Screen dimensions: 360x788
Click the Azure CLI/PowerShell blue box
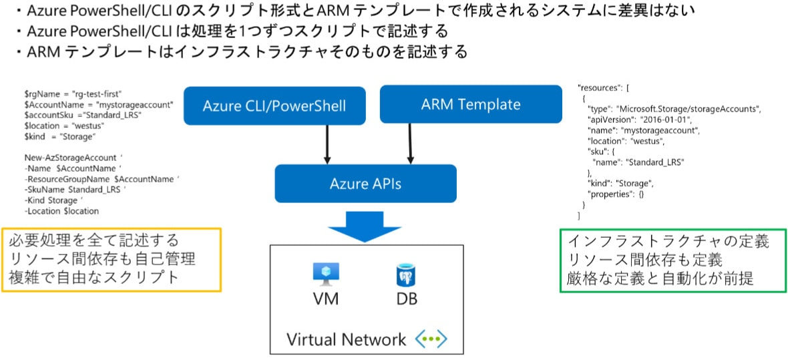pyautogui.click(x=274, y=106)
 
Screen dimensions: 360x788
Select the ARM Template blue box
pyautogui.click(x=470, y=104)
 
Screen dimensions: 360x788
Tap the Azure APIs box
pyautogui.click(x=365, y=183)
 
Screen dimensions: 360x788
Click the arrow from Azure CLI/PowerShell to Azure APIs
pyautogui.click(x=327, y=144)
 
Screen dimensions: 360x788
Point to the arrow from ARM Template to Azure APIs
pyautogui.click(x=410, y=144)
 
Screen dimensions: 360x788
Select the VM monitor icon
pyautogui.click(x=326, y=273)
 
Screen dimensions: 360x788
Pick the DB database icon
pyautogui.click(x=403, y=274)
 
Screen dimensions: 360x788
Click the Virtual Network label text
pyautogui.click(x=346, y=339)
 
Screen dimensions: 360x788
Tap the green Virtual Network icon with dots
pyautogui.click(x=431, y=339)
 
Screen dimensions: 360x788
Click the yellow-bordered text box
pyautogui.click(x=111, y=259)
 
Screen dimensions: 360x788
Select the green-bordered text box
pyautogui.click(x=672, y=260)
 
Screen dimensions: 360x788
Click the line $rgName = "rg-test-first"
pyautogui.click(x=73, y=94)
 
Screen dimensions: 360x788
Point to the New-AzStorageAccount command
pyautogui.click(x=73, y=158)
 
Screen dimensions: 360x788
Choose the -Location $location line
pyautogui.click(x=61, y=211)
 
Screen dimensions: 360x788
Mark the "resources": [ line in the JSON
pyautogui.click(x=607, y=87)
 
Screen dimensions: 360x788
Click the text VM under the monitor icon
pyautogui.click(x=326, y=299)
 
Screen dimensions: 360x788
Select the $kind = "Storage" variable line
pyautogui.click(x=60, y=136)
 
